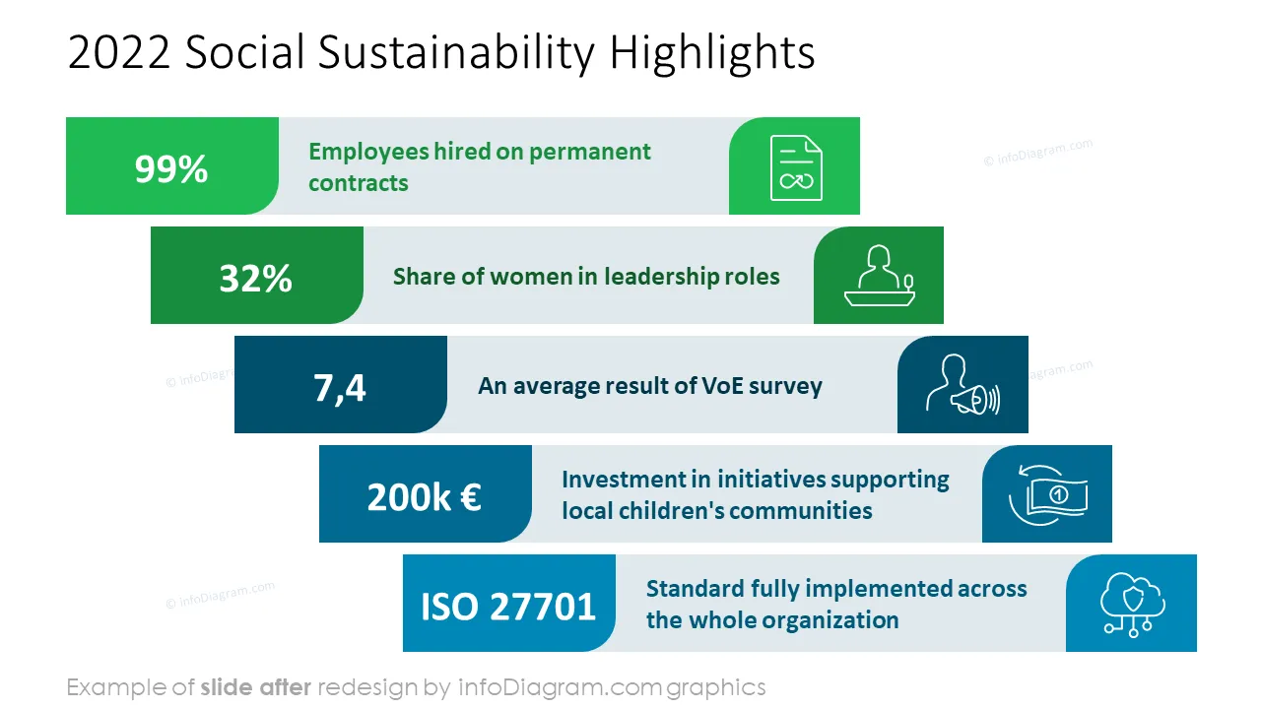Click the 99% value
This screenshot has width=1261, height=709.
click(171, 168)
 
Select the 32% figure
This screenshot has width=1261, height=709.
click(255, 278)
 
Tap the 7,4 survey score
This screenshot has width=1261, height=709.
click(340, 388)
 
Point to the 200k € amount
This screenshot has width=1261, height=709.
click(424, 497)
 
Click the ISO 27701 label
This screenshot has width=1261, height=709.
click(508, 606)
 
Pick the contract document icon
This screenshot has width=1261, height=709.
click(796, 167)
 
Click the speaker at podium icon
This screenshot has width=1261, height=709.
click(880, 276)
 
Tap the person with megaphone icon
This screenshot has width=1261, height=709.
click(962, 385)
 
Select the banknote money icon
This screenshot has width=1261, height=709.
click(1048, 494)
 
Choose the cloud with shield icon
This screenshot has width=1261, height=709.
click(1133, 605)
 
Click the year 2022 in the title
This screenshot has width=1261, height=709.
click(119, 52)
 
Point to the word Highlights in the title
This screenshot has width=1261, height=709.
click(712, 53)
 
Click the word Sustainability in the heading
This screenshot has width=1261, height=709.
click(456, 53)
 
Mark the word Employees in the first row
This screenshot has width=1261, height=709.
click(368, 153)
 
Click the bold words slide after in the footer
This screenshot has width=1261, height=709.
click(255, 687)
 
